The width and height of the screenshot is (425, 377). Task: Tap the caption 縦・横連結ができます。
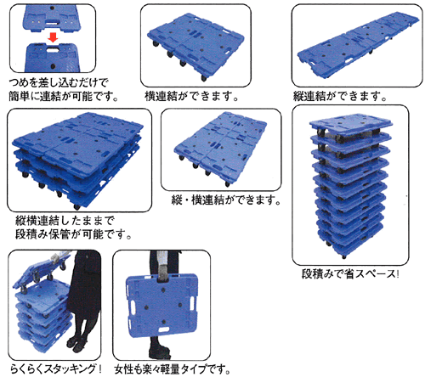coord(224,200)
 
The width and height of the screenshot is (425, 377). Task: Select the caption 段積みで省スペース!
coord(350,274)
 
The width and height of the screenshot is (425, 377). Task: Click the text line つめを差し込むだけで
coord(55,82)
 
